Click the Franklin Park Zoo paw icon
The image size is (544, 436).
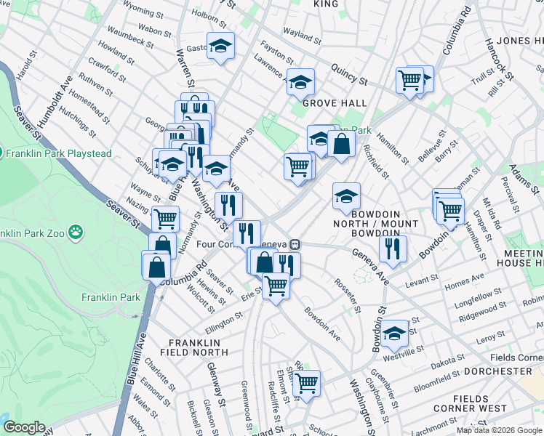[x=76, y=233]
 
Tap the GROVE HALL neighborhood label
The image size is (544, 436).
[x=335, y=103]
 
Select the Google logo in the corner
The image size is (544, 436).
[x=24, y=427]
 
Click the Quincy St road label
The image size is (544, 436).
[x=348, y=71]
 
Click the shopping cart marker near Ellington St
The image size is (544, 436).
[x=276, y=286]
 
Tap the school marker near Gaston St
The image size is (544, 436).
[x=220, y=47]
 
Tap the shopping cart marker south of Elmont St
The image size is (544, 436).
[x=306, y=382]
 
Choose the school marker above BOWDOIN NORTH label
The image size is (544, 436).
[x=346, y=195]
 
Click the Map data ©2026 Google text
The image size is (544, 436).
[x=498, y=430]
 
